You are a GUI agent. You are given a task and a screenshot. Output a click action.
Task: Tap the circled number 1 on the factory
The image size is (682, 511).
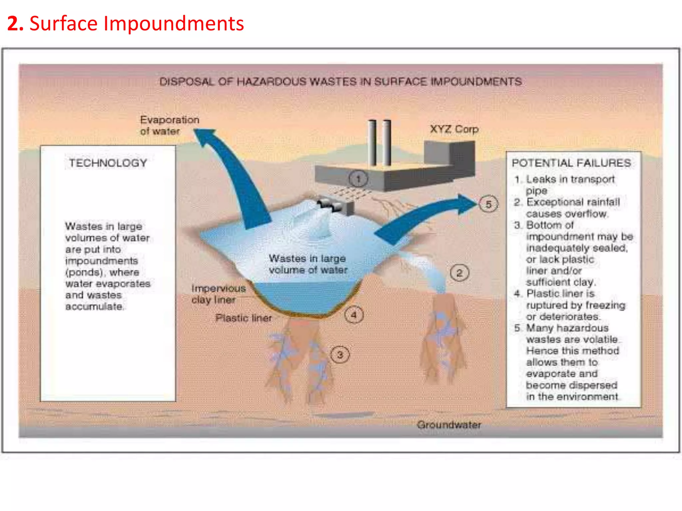click(x=358, y=179)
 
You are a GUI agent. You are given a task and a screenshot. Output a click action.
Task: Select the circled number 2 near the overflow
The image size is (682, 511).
click(x=460, y=273)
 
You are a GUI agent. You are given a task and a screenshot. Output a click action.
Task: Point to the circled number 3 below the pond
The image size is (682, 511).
click(x=340, y=355)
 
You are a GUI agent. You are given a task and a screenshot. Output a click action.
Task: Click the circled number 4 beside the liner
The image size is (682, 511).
click(x=354, y=315)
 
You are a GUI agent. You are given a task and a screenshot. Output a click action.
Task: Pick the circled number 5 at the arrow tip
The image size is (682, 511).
click(x=489, y=204)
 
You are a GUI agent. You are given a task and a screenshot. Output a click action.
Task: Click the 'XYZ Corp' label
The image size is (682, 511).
click(x=454, y=129)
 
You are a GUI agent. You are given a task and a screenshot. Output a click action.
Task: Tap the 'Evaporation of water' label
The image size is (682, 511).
click(x=170, y=125)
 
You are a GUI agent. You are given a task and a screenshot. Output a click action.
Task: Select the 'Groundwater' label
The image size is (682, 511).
click(x=449, y=425)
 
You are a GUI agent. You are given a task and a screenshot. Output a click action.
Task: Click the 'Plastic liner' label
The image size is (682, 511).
click(x=243, y=318)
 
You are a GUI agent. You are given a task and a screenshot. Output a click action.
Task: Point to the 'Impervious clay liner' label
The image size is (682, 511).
click(x=218, y=294)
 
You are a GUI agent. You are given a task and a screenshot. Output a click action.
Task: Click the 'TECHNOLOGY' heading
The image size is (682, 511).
click(x=108, y=163)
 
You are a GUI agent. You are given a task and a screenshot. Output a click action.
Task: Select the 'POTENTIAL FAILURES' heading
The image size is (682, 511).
click(x=571, y=163)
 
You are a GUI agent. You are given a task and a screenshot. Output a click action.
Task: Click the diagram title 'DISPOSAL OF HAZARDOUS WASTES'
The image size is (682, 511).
click(x=341, y=82)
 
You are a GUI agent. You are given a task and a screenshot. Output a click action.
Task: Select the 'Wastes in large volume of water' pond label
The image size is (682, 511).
click(x=308, y=264)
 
